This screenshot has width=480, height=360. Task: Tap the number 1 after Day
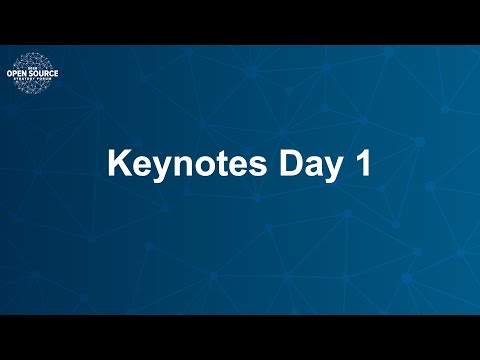(362, 164)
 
